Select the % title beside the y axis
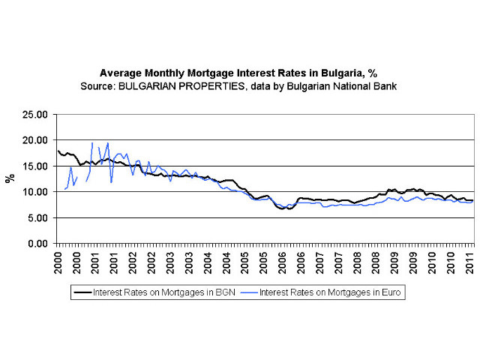pos(10,178)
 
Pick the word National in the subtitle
pos(349,86)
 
